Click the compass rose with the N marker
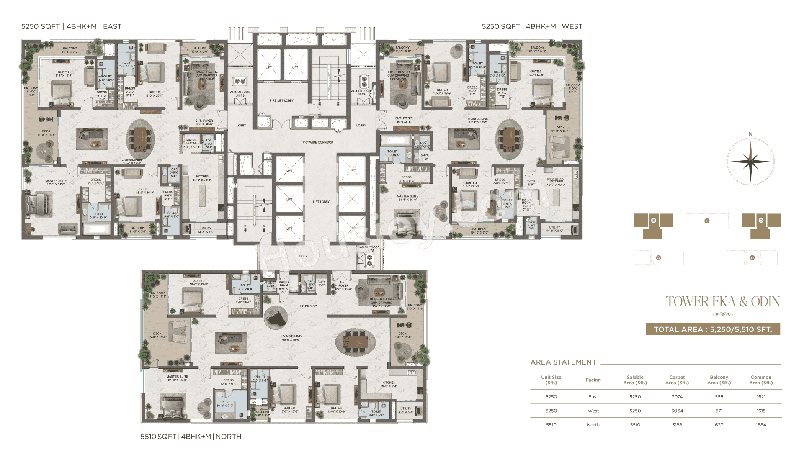[750, 162]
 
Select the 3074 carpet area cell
[677, 397]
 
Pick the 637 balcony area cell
[719, 425]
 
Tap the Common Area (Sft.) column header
[760, 380]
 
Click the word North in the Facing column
[593, 425]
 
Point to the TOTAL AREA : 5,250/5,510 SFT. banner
[713, 329]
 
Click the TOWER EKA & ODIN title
[723, 302]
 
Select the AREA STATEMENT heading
[563, 362]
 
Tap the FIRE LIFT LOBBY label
[281, 100]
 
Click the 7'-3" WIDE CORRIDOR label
[318, 142]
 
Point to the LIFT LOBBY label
[321, 202]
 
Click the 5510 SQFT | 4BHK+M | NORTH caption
[191, 437]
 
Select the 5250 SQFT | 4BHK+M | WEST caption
[532, 26]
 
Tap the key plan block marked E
[653, 221]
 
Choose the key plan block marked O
[761, 221]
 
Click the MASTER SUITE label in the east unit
[56, 182]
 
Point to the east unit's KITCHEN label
[202, 178]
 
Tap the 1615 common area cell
[760, 411]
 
